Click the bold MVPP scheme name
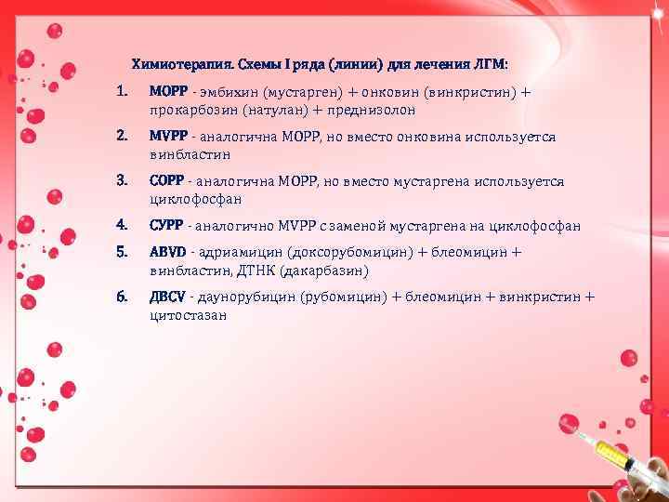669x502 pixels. tap(166, 137)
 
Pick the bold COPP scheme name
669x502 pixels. tap(166, 181)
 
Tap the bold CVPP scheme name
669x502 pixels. tap(166, 225)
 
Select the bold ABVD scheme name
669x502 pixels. tap(167, 253)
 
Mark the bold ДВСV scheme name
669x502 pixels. tap(168, 297)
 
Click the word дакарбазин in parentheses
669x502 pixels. tap(325, 271)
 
